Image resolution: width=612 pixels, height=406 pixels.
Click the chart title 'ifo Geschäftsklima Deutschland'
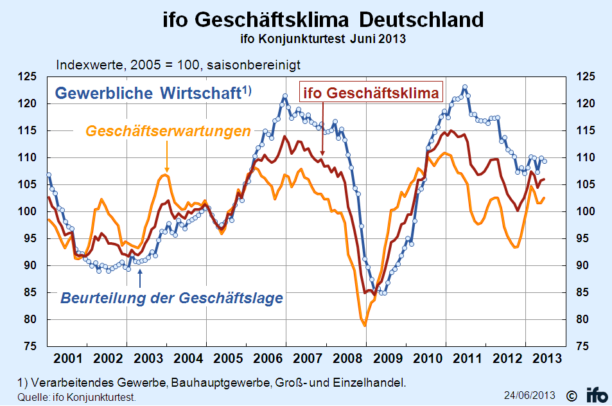(x=322, y=20)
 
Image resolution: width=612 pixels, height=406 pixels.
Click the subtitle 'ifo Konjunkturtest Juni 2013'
(x=322, y=39)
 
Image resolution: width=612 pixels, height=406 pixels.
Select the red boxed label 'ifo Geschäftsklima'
(x=371, y=93)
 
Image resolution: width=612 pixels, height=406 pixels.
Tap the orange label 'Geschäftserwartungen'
(x=168, y=132)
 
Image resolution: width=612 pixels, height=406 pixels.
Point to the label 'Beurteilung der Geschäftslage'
(x=171, y=298)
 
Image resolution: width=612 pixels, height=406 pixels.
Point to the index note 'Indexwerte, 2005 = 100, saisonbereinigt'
(x=179, y=64)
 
